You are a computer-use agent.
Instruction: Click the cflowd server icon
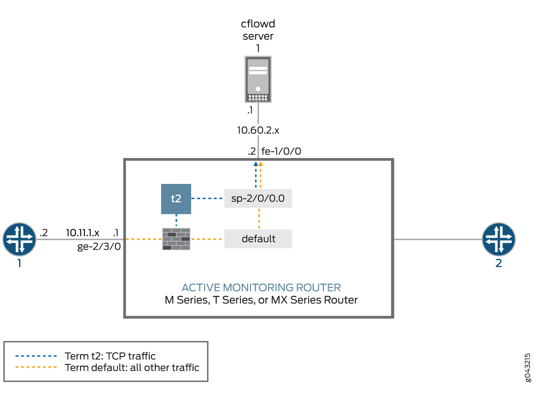click(258, 79)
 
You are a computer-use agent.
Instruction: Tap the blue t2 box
click(176, 199)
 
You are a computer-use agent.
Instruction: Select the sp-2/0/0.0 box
click(258, 198)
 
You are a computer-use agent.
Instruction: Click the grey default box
click(258, 239)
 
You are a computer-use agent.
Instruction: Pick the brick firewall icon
click(176, 239)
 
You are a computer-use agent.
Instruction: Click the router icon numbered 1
click(20, 239)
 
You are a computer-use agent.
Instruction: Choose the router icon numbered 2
click(498, 239)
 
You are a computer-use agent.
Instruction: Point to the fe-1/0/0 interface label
click(281, 151)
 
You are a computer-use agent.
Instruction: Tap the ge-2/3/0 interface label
click(99, 247)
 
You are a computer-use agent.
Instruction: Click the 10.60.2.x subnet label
click(258, 130)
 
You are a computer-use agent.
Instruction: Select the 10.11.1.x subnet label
click(83, 233)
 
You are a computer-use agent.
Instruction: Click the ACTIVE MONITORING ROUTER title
click(261, 288)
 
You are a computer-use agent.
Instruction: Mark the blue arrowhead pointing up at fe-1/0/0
click(256, 164)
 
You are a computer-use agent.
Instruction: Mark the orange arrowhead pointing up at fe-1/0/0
click(261, 164)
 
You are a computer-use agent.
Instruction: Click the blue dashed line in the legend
click(36, 356)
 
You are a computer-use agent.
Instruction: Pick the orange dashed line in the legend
click(36, 367)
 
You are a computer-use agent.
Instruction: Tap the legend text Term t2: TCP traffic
click(110, 356)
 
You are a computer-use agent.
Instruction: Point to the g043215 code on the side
click(527, 368)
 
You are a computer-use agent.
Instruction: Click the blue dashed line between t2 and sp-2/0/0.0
click(207, 198)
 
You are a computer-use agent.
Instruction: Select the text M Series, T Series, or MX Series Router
click(261, 300)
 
